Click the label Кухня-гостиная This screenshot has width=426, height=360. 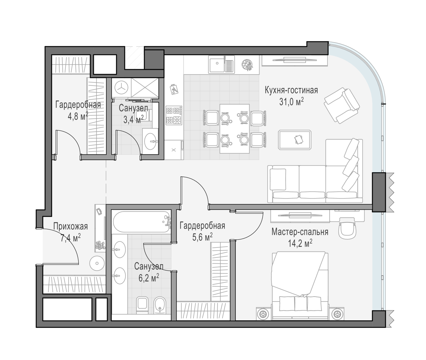pos(291,90)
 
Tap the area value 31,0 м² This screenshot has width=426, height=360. pos(291,102)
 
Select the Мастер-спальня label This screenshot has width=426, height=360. pos(300,232)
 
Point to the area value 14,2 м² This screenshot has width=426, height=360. pos(300,243)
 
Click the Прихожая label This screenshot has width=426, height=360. pos(70,226)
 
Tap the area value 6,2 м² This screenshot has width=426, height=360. pos(149,278)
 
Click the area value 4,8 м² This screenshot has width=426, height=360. pos(78,117)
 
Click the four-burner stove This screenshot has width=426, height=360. pos(174,115)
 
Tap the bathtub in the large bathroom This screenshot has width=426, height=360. pos(142,222)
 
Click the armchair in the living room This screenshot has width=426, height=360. pos(341,106)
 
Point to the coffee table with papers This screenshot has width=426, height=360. pos(295,140)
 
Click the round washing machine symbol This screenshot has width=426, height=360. pos(121,87)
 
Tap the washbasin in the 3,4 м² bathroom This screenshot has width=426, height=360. pos(150,141)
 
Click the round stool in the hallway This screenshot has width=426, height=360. pos(97,263)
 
